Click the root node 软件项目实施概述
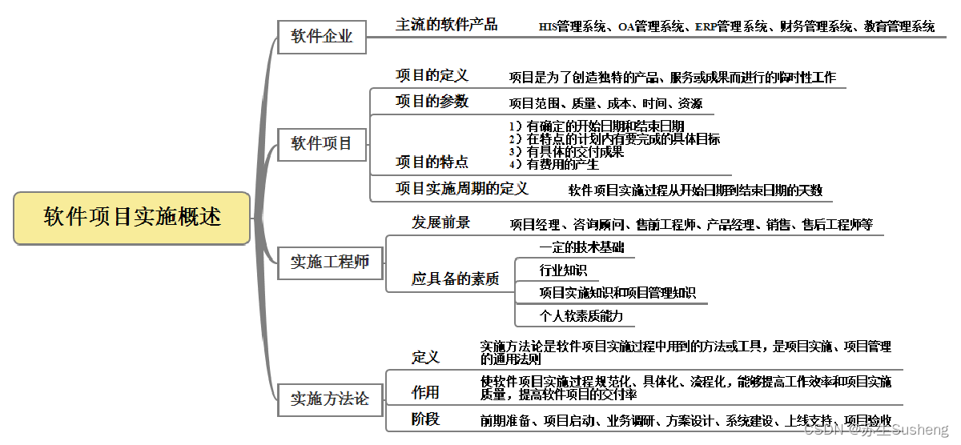coord(132,217)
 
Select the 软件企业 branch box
coord(322,37)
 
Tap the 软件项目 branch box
coord(322,144)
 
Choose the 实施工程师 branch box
coord(330,262)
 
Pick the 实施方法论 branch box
coord(330,399)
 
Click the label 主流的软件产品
coord(447,25)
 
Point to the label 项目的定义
coord(432,76)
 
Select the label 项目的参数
coord(432,102)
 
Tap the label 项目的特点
coord(432,162)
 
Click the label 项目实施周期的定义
coord(462,189)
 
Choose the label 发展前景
coord(441,222)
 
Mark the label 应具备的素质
coord(456,279)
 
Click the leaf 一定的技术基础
coord(581,247)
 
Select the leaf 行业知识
coord(563,270)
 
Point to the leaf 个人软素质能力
coord(581,315)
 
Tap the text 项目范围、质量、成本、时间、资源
coord(606,103)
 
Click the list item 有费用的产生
coord(563,165)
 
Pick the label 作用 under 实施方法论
coord(425,392)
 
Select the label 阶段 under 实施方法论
coord(425,419)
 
